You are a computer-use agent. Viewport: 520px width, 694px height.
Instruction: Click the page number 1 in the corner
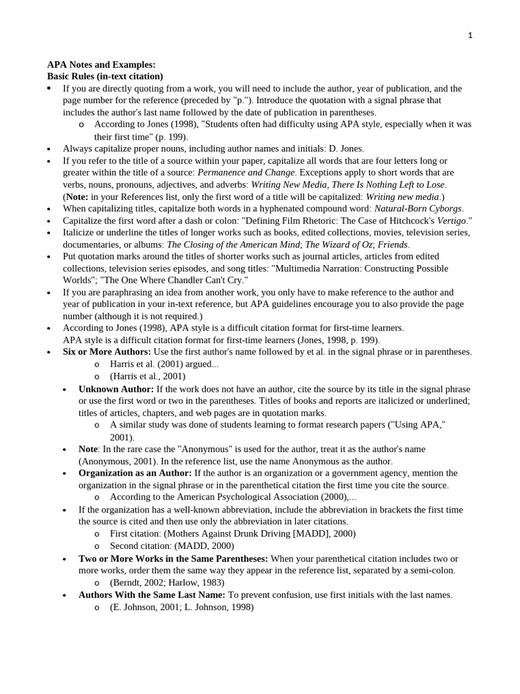(x=470, y=35)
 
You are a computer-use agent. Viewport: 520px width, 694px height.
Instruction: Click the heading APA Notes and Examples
(x=101, y=64)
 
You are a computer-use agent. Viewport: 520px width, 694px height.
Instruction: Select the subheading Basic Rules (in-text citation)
(x=105, y=76)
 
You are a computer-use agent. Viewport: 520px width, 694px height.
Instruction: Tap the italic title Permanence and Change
(x=246, y=172)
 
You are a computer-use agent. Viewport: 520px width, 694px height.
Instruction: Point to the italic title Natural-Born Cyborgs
(x=418, y=208)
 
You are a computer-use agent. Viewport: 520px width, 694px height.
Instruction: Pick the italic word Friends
(x=393, y=244)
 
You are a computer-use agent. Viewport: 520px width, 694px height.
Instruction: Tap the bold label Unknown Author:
(x=116, y=389)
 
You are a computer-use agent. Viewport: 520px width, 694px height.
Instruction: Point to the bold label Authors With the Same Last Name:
(x=152, y=594)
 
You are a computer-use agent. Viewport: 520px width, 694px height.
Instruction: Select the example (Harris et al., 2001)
(x=148, y=376)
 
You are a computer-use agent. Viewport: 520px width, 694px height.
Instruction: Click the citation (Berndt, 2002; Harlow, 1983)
(x=167, y=582)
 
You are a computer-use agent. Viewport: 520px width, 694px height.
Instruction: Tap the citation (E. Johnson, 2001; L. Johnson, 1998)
(x=181, y=607)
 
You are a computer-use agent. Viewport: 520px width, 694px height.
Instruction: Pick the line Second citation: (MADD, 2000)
(x=172, y=546)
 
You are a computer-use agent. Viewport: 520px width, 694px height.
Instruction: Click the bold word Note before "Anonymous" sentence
(x=88, y=449)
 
